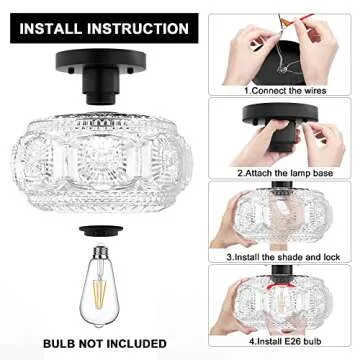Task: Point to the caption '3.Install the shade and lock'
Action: point(284,256)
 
